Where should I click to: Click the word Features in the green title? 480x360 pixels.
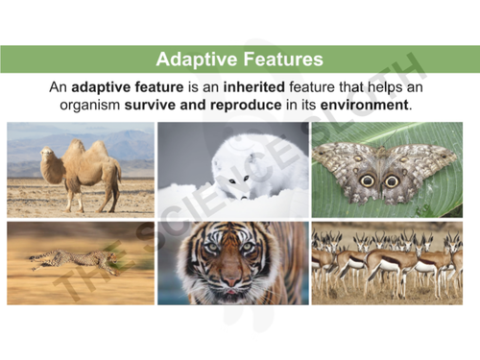277,60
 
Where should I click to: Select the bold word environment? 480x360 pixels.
369,104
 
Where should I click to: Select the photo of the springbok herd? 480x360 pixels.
387,263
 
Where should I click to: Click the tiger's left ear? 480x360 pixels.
192,233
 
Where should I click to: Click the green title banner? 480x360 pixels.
239,60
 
